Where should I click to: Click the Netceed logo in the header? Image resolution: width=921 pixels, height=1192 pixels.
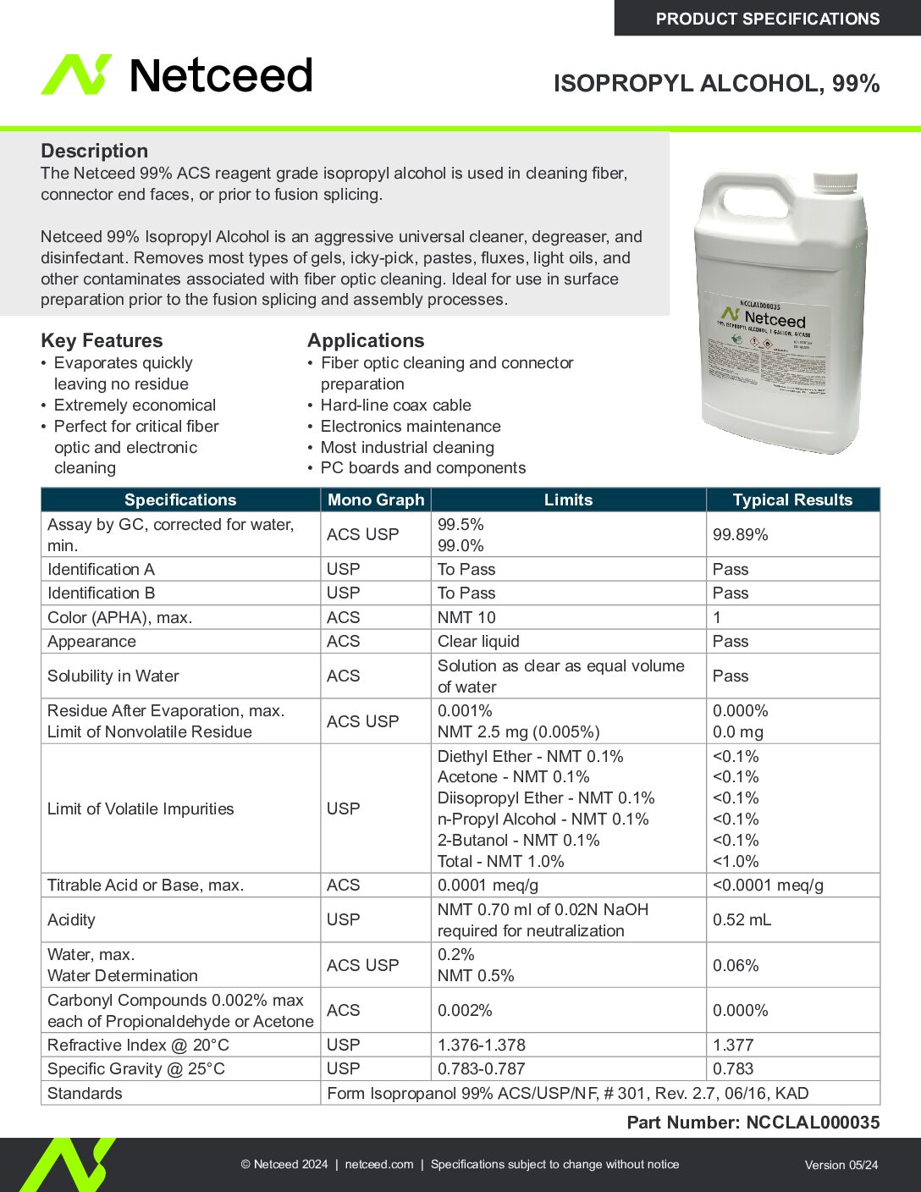coord(177,74)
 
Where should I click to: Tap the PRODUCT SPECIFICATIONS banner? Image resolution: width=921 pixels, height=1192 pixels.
coord(767,19)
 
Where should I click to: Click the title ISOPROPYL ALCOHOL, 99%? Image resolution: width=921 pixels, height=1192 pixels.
coord(716,83)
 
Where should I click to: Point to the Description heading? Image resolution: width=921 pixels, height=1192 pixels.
coord(94,151)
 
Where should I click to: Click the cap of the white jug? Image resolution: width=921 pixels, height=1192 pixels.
coord(835,181)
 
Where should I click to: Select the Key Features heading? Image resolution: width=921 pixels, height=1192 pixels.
coord(102,340)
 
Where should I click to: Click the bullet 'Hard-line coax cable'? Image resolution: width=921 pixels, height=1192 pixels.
coord(395,405)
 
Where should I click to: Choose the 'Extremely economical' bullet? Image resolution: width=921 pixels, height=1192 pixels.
coord(135,405)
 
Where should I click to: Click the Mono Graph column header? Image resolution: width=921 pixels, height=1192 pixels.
coord(376,499)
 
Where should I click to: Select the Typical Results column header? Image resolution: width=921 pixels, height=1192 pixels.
coord(792,499)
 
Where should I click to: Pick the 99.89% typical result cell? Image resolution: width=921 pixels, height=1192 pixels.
coord(741,534)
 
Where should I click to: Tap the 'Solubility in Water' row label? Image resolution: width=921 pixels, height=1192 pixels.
coord(113,676)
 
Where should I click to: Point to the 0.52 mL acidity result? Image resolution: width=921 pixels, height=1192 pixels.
coord(742,919)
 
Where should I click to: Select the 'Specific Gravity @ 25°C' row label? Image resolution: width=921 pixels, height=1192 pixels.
coord(136,1068)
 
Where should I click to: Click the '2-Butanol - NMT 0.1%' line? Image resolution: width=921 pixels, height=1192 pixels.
coord(518,840)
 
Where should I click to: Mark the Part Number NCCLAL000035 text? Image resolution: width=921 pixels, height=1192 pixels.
coord(753,1123)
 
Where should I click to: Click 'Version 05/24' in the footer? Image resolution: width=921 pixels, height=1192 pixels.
coord(841,1165)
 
